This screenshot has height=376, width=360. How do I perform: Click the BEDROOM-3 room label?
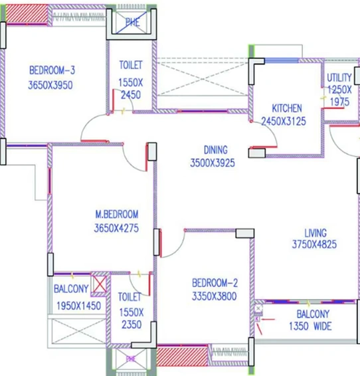52,70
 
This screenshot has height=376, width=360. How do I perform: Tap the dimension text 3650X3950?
50,85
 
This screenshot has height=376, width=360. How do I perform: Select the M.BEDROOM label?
117,214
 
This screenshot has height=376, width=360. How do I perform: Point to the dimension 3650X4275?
116,228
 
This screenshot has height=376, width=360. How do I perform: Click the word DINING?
216,150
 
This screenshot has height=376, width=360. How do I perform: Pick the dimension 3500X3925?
213,163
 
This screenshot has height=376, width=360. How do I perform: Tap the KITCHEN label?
287,108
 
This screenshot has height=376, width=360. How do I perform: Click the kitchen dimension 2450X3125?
284,121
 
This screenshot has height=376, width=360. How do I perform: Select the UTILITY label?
339,78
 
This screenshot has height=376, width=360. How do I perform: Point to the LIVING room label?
315,233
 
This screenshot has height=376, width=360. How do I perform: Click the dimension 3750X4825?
314,244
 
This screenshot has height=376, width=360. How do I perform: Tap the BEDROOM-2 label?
215,283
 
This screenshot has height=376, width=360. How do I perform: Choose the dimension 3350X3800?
215,296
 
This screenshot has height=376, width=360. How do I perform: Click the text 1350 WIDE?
310,326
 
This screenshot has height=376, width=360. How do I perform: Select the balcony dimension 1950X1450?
78,306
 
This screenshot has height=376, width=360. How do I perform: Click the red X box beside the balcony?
100,284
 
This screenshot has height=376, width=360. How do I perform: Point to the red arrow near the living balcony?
268,319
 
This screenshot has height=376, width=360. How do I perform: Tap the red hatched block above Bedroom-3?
27,14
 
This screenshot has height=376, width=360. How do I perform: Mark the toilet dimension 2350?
132,325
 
